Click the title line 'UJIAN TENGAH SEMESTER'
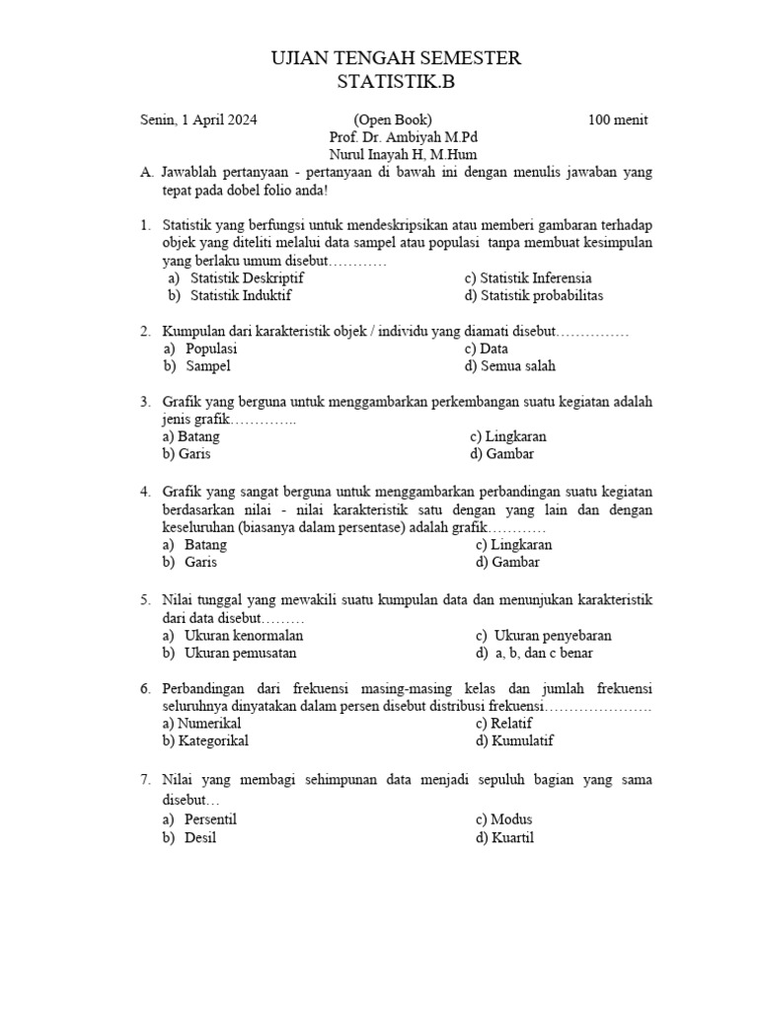point(395,59)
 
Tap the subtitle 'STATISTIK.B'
point(396,83)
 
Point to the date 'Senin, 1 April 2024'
point(198,120)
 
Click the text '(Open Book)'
point(393,120)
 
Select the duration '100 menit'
point(618,120)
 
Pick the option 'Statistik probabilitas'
point(541,295)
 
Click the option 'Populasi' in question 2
point(211,349)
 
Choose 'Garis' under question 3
point(194,454)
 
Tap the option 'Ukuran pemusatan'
point(240,653)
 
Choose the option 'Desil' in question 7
point(200,837)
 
